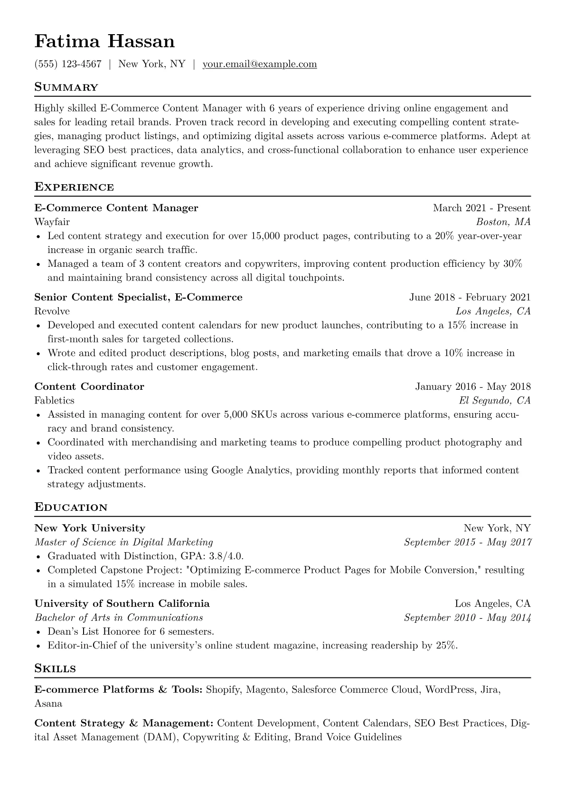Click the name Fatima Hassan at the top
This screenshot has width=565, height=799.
(x=104, y=42)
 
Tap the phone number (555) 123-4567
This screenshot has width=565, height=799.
(x=68, y=64)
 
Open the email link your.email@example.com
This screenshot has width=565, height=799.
(x=260, y=64)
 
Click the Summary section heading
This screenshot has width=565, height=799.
(x=66, y=87)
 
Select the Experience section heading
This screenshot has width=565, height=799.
(x=74, y=187)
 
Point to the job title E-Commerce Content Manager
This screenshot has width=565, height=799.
(x=116, y=208)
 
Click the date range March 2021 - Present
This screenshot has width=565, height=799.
(x=481, y=208)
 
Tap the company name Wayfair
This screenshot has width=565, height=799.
(x=52, y=222)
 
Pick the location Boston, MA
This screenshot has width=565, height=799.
(x=503, y=222)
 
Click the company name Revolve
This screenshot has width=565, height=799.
(x=52, y=311)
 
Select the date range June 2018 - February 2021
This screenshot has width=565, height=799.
(x=470, y=297)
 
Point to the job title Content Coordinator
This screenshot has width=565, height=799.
(x=89, y=386)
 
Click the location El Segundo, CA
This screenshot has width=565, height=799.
(x=495, y=400)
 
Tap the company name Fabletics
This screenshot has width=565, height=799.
(x=54, y=400)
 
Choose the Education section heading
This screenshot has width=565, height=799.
(x=71, y=508)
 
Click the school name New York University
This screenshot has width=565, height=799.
(x=90, y=528)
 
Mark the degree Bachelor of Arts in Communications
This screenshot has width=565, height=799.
(x=119, y=618)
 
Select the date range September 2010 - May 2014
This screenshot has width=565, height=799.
(x=467, y=618)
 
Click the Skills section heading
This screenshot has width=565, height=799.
(x=55, y=669)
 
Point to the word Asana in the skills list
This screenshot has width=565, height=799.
(x=48, y=703)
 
